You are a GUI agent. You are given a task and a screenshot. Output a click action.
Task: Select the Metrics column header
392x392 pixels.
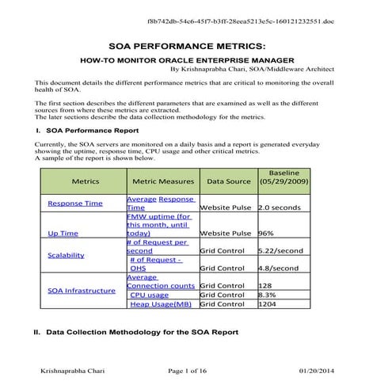point(85,181)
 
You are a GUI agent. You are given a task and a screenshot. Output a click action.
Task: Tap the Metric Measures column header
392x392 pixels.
point(163,181)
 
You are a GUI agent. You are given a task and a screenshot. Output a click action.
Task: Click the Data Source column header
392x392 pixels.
point(228,181)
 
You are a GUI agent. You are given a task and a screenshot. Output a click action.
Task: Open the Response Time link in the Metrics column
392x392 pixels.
point(75,203)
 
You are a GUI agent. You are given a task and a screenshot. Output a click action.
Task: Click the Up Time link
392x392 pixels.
point(63,234)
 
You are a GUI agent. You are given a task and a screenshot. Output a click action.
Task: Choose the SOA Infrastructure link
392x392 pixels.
point(82,290)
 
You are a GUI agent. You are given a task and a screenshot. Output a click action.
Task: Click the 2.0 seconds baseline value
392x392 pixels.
point(282,207)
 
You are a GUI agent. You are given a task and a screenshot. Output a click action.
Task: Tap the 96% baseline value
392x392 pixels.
point(267,234)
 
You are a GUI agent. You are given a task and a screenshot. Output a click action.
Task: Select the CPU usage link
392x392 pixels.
point(150,294)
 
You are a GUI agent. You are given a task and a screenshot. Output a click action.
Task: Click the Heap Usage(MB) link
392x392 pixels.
point(161,303)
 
